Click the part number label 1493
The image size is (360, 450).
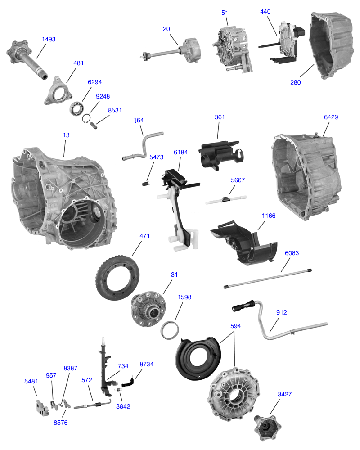click(x=48, y=39)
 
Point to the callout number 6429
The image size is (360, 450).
click(x=331, y=117)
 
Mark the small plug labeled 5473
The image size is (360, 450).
click(x=145, y=183)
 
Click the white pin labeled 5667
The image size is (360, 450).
click(x=225, y=199)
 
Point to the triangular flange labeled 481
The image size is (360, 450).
click(x=59, y=92)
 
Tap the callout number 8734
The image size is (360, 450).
click(x=147, y=364)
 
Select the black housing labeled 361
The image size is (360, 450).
click(x=218, y=153)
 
